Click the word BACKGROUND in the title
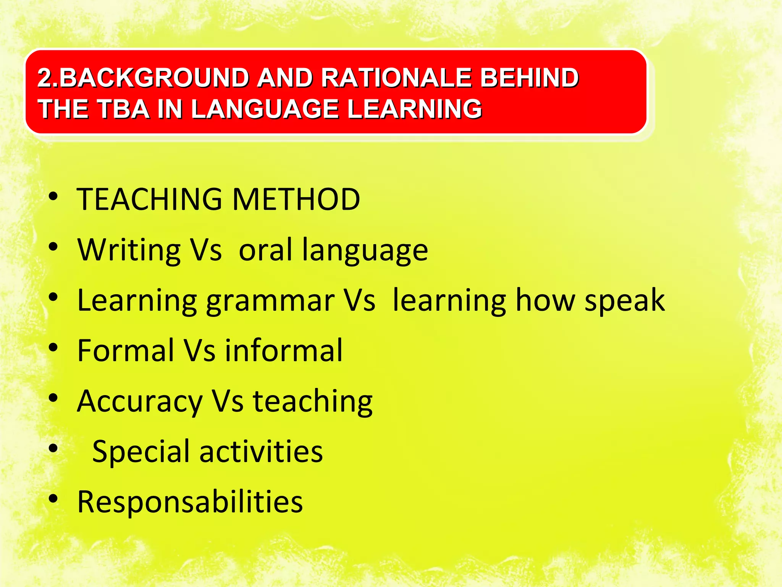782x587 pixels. tap(155, 78)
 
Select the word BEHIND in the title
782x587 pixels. tap(529, 78)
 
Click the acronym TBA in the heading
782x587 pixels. tap(123, 109)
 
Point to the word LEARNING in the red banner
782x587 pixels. tap(414, 109)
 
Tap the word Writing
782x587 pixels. tap(129, 250)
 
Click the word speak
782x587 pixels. tap(625, 300)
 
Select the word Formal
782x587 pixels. tap(125, 350)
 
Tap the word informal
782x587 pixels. tap(283, 350)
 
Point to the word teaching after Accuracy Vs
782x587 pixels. tap(313, 401)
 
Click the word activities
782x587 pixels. tap(261, 451)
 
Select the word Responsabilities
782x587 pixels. tap(190, 502)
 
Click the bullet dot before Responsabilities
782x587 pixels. tap(53, 499)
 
